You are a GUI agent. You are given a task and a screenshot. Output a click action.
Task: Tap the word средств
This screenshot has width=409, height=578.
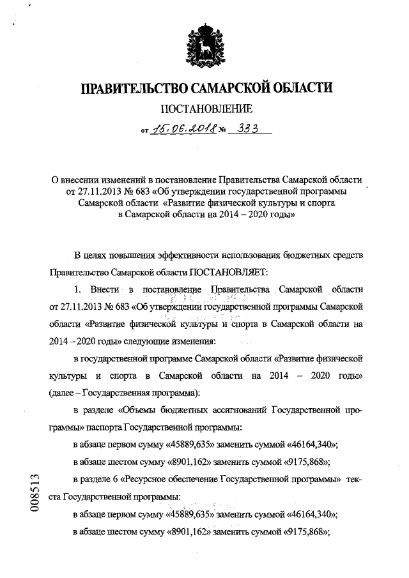(346, 255)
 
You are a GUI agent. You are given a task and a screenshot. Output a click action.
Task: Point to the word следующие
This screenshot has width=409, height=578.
(132, 341)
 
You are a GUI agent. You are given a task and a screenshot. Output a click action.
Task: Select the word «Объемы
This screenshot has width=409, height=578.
(140, 408)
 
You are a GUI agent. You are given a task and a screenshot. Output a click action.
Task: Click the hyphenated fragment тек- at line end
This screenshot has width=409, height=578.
(354, 478)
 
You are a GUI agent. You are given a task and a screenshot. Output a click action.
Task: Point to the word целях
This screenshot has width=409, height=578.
(101, 255)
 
